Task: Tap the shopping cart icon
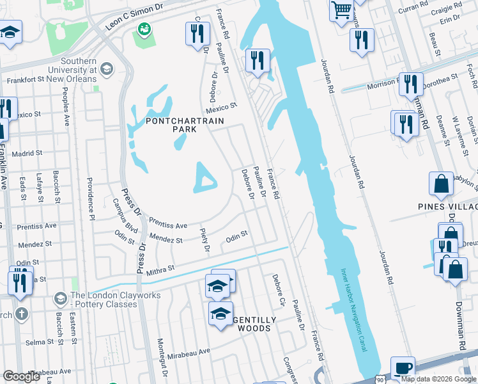342,10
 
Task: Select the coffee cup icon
403,368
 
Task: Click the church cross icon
21,314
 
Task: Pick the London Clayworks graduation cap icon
61,299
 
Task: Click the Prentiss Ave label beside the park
167,224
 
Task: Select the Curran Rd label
413,8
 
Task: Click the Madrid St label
26,154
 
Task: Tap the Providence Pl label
90,195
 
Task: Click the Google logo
22,376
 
